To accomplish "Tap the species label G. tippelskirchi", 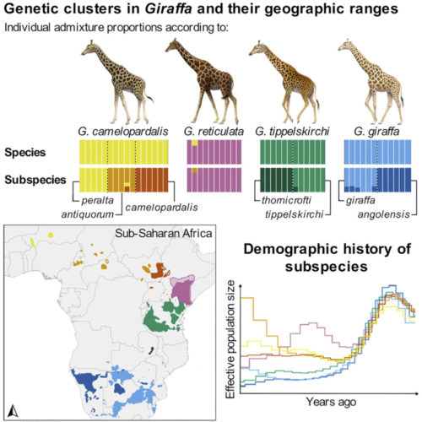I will click(x=292, y=133).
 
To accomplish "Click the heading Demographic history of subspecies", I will click(x=327, y=259).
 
